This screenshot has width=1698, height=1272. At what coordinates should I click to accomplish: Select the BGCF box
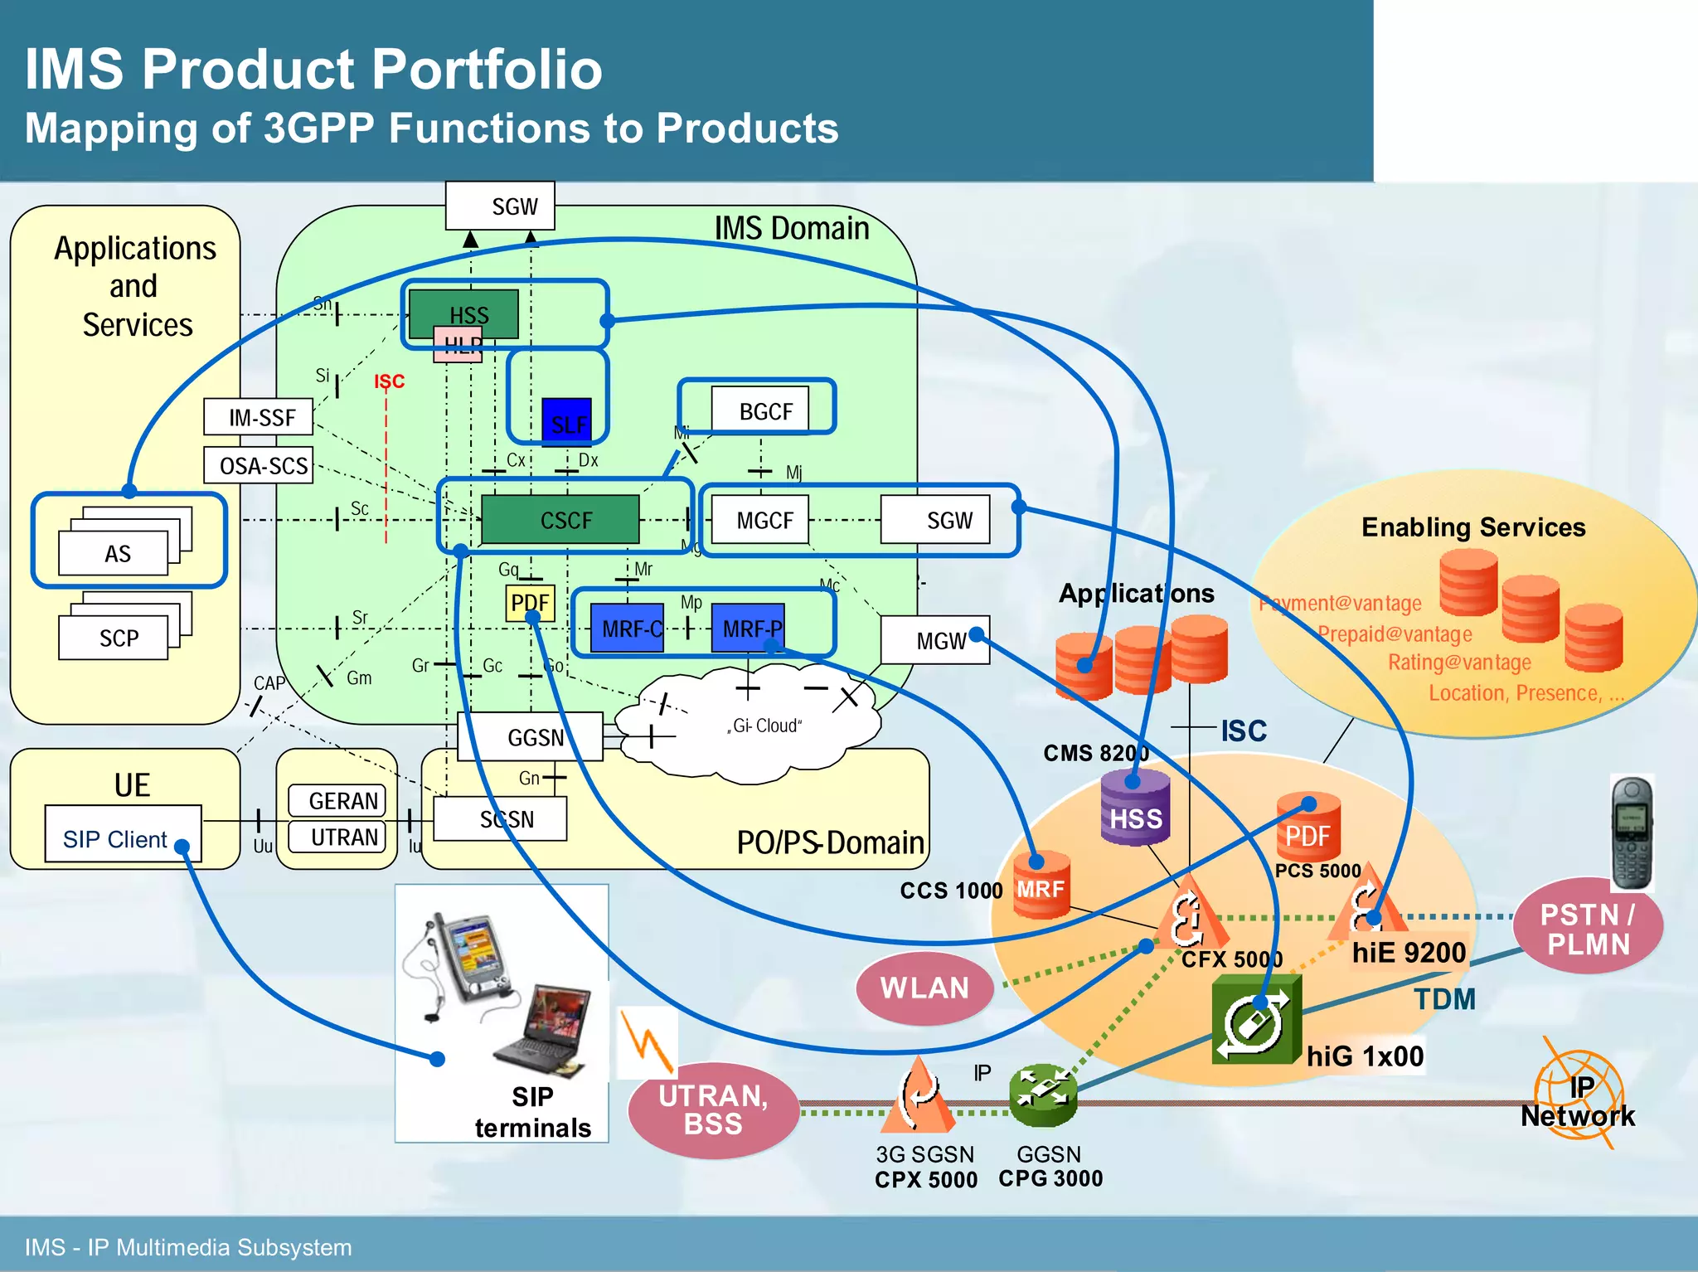point(761,410)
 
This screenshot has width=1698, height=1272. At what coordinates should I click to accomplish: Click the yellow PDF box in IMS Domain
point(530,602)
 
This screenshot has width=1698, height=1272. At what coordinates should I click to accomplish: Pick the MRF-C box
point(628,629)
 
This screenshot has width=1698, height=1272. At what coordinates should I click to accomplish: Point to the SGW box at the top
point(500,206)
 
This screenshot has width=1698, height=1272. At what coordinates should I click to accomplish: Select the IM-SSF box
point(259,416)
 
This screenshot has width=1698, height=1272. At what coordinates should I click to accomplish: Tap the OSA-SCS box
point(259,465)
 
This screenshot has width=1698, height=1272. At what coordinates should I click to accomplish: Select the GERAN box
point(337,800)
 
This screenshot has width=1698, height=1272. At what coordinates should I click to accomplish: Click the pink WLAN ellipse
point(924,988)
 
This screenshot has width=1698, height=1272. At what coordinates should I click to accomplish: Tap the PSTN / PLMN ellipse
point(1588,929)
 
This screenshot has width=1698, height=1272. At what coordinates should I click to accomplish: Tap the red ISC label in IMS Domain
point(389,381)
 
